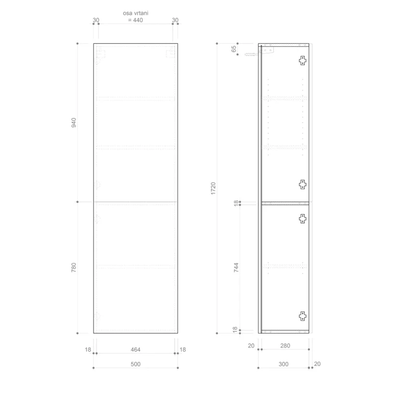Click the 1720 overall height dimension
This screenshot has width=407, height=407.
tap(213, 188)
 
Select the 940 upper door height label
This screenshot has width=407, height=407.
tap(74, 123)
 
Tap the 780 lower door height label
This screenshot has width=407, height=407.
tap(74, 268)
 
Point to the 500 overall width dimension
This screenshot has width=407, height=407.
tap(135, 364)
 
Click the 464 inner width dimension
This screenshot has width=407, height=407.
tap(135, 350)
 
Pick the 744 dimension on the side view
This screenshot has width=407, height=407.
tap(236, 268)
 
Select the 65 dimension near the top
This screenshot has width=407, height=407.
tap(234, 49)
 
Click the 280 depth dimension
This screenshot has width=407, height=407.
tap(285, 346)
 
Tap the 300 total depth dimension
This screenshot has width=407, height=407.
tap(283, 364)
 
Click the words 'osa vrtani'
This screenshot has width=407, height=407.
tap(135, 13)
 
